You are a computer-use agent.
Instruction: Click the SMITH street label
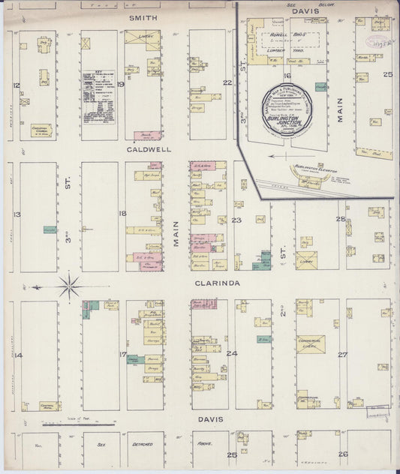point(143,16)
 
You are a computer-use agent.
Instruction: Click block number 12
point(17,85)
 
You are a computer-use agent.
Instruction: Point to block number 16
point(287,76)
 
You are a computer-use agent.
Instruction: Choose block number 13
point(17,214)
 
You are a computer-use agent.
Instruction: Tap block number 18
point(122,214)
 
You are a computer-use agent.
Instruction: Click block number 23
point(236,220)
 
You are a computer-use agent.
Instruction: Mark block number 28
point(341,219)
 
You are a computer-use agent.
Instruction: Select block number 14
point(18,355)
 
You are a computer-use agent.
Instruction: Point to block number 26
point(342,454)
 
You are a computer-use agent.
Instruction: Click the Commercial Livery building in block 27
point(310,344)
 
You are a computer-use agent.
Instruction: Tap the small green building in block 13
point(50,229)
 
